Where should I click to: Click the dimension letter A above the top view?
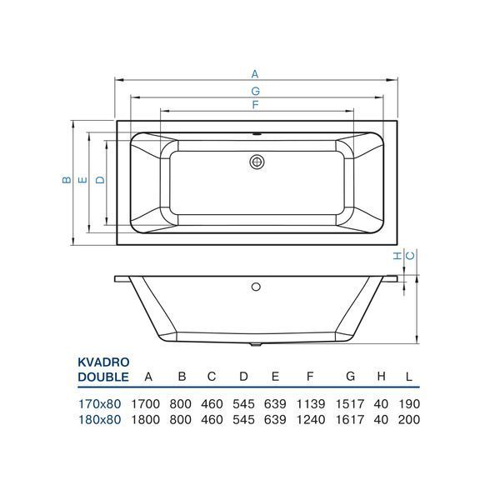pyautogui.click(x=254, y=74)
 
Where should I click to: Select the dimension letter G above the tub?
pyautogui.click(x=256, y=91)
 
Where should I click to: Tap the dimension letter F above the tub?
pyautogui.click(x=255, y=105)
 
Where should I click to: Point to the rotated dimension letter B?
pyautogui.click(x=67, y=180)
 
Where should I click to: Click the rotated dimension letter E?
pyautogui.click(x=82, y=180)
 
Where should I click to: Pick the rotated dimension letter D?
pyautogui.click(x=101, y=180)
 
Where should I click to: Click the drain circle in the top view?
pyautogui.click(x=257, y=162)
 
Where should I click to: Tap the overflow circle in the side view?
pyautogui.click(x=256, y=287)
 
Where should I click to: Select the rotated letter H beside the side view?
pyautogui.click(x=397, y=256)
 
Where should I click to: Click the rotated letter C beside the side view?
pyautogui.click(x=411, y=256)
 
